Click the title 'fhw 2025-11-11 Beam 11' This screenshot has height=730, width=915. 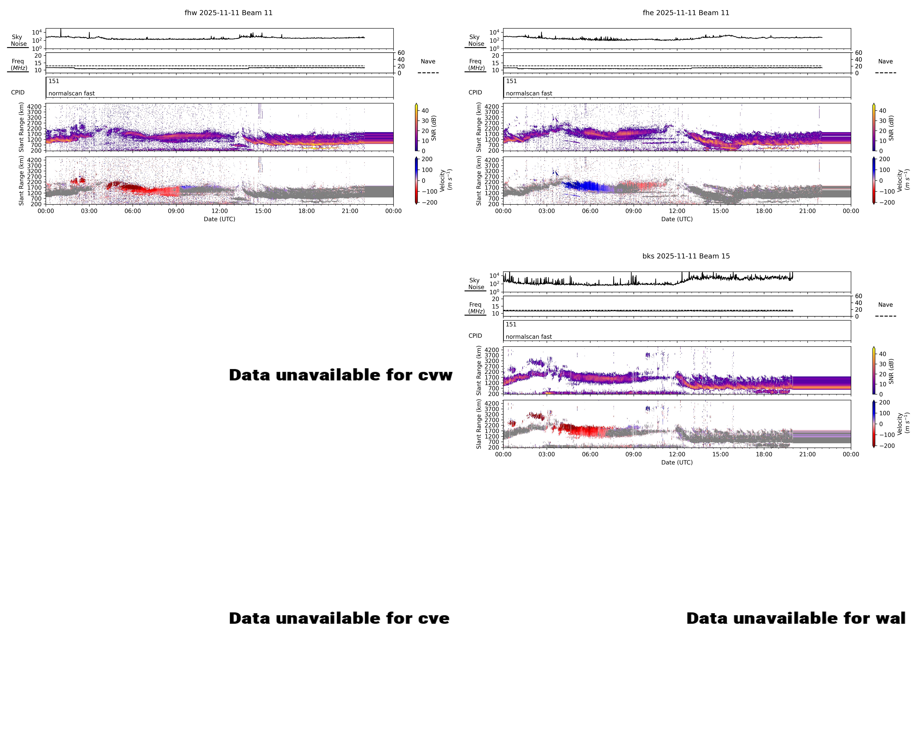[228, 13]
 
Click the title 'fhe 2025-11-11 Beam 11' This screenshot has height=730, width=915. [686, 13]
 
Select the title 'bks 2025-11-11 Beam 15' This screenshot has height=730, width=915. [686, 256]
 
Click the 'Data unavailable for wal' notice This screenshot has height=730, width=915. [796, 618]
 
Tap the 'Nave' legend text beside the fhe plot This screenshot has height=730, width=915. [885, 62]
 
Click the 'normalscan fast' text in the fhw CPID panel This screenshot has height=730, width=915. [71, 93]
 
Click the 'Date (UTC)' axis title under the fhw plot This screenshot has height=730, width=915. [219, 219]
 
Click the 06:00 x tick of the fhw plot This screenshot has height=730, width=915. [132, 211]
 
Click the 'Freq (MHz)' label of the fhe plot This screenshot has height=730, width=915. [476, 64]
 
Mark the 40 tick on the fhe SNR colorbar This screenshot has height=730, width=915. [882, 111]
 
